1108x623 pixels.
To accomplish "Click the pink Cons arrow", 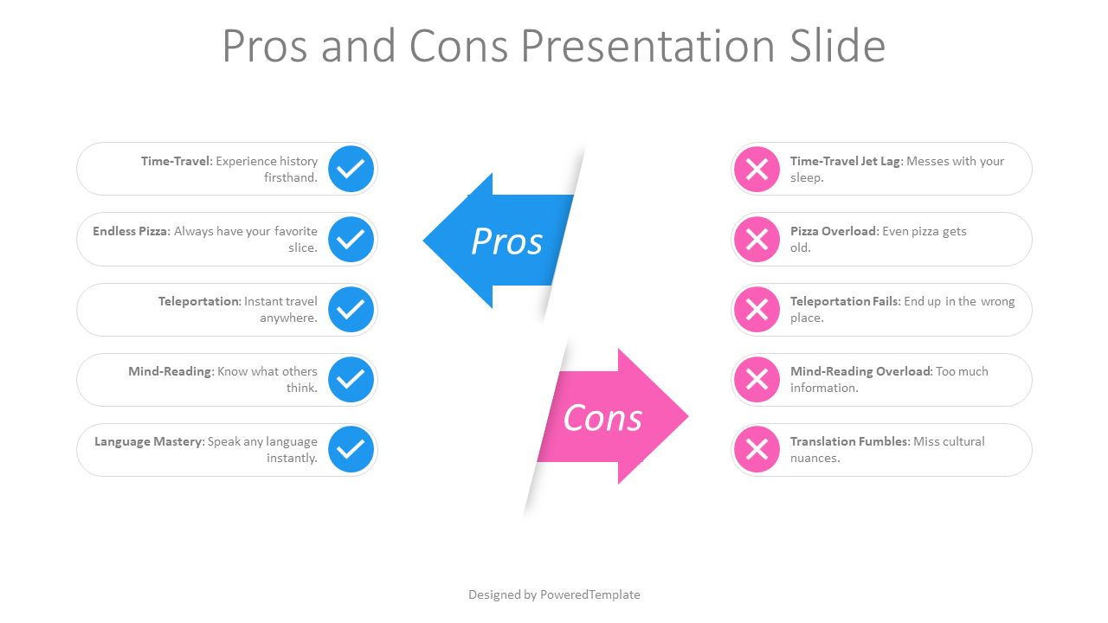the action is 614,417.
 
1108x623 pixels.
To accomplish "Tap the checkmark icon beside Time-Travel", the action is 351,169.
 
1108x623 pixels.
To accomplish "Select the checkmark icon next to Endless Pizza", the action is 351,240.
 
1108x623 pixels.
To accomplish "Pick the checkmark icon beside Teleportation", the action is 351,310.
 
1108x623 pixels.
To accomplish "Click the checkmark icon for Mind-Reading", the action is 351,380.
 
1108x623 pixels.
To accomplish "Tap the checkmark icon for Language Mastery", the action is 351,449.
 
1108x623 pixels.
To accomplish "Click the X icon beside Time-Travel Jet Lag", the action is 757,169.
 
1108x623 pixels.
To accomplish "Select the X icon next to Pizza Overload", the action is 757,240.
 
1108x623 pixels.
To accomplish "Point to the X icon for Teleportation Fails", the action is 757,310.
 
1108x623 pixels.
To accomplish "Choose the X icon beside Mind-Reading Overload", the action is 757,380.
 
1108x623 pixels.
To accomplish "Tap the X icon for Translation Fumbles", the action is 757,449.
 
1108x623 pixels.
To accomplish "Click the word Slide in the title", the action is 837,46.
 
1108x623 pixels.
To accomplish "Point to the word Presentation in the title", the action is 648,46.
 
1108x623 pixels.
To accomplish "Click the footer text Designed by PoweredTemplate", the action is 554,594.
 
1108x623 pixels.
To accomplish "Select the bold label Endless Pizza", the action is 131,231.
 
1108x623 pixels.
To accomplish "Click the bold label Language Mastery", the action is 148,441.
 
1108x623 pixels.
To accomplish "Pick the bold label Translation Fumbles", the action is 849,441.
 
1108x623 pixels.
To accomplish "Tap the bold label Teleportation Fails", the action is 844,301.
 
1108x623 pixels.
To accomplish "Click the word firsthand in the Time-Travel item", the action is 291,177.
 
